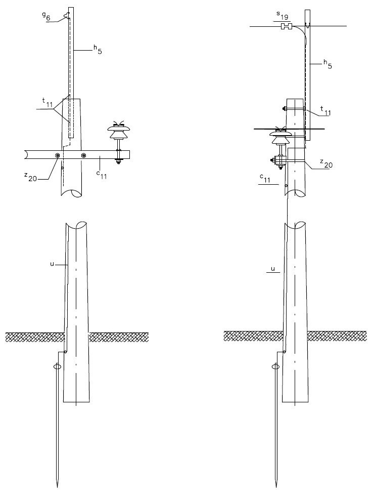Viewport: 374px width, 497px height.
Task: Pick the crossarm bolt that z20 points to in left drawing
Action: point(57,155)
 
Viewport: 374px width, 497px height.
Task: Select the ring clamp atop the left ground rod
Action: point(57,366)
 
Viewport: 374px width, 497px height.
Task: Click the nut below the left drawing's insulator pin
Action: point(118,161)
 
